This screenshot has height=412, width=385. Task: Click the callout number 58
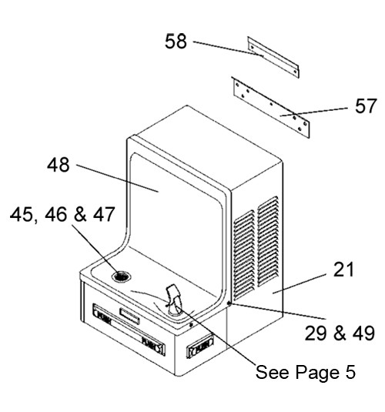coord(176,42)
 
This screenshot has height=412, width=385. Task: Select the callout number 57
coord(366,106)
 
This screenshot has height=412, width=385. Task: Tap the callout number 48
coord(59,165)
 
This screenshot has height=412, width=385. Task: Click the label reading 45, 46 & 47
coord(62,214)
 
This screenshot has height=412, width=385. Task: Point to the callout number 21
coord(343,270)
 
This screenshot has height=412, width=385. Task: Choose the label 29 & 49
coord(340,333)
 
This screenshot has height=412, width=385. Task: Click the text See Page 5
coord(306,372)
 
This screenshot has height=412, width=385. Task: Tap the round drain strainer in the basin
coord(121,276)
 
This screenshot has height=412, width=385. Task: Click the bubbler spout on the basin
coord(173,300)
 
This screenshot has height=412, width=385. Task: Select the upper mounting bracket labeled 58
coord(273,57)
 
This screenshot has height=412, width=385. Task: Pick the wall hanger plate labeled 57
coord(271,107)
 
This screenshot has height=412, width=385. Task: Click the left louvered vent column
coord(244,255)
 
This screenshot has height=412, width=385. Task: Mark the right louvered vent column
coord(268,241)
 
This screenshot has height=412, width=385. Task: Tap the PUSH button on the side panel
coord(199,347)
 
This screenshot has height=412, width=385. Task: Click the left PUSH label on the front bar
coord(103,316)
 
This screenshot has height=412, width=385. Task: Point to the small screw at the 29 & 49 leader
coord(229,303)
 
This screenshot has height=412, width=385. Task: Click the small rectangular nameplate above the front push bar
coord(129,316)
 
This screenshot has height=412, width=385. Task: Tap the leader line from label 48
coord(117,178)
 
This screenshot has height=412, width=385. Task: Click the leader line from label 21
coord(300,284)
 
